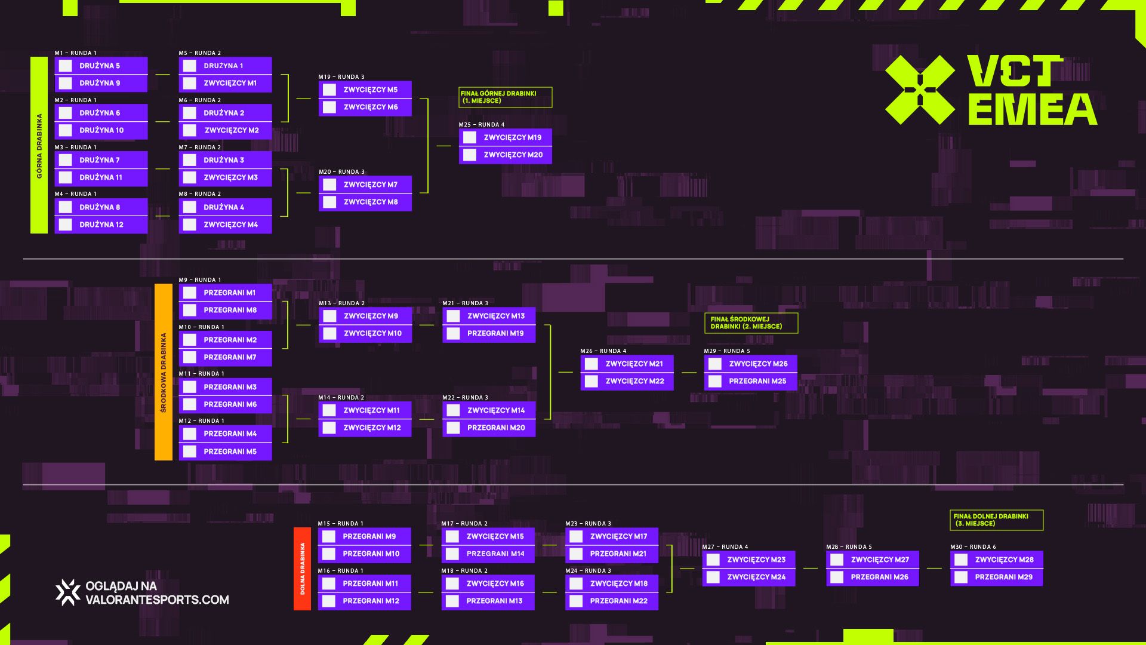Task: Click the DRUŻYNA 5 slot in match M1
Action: [x=101, y=66]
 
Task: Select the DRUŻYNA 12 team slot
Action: [x=101, y=225]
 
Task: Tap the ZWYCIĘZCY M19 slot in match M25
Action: [x=505, y=137]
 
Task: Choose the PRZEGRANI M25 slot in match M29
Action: [x=750, y=381]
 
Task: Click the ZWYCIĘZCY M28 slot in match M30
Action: [x=997, y=560]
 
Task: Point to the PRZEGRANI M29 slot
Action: [x=997, y=577]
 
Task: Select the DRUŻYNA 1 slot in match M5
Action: [x=225, y=66]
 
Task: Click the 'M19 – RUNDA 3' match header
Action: [x=341, y=77]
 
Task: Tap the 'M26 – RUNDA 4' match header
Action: [x=603, y=351]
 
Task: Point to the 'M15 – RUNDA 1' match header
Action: [x=340, y=524]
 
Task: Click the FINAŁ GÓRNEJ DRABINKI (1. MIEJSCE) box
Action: [x=506, y=97]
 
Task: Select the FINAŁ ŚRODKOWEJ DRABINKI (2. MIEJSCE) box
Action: [x=751, y=323]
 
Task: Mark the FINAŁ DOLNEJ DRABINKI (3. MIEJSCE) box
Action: [x=997, y=520]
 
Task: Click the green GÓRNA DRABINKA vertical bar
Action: [x=39, y=145]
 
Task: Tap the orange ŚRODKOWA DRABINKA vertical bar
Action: [x=164, y=372]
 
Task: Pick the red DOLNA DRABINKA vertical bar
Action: [x=302, y=569]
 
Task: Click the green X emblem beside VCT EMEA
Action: [x=920, y=90]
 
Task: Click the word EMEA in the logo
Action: [x=1033, y=109]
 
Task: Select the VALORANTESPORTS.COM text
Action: [x=158, y=600]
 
